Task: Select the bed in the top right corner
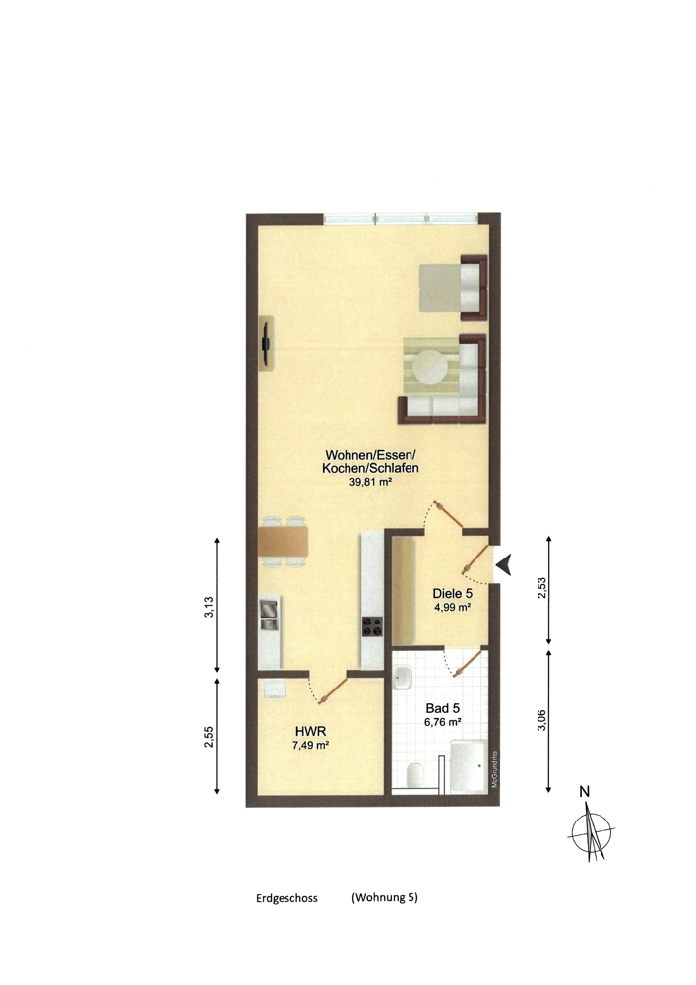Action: [451, 286]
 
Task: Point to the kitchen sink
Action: [270, 615]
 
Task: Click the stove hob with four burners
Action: [372, 624]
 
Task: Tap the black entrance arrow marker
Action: [504, 564]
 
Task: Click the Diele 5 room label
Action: [453, 594]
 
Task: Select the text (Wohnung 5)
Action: [385, 898]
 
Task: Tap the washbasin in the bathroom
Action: [402, 678]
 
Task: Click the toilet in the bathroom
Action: [413, 775]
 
